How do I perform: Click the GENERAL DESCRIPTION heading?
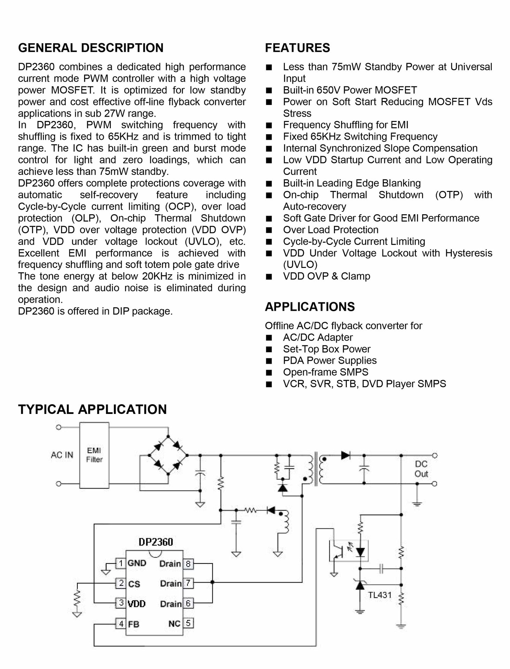pyautogui.click(x=91, y=48)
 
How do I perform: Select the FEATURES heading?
pyautogui.click(x=297, y=48)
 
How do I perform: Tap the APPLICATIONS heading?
pyautogui.click(x=310, y=307)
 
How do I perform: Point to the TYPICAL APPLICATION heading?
pyautogui.click(x=92, y=409)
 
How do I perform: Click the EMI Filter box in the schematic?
pyautogui.click(x=94, y=455)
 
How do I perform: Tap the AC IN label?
pyautogui.click(x=62, y=455)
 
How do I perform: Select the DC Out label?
pyautogui.click(x=421, y=469)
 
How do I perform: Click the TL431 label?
pyautogui.click(x=380, y=595)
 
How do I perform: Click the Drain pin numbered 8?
pyautogui.click(x=188, y=564)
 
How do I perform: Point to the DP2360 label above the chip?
pyautogui.click(x=155, y=542)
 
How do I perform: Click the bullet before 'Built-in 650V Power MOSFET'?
pyautogui.click(x=269, y=91)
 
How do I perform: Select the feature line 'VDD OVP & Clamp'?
pyautogui.click(x=326, y=276)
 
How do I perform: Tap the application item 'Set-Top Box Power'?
pyautogui.click(x=326, y=349)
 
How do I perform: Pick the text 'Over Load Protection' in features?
pyautogui.click(x=330, y=230)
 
